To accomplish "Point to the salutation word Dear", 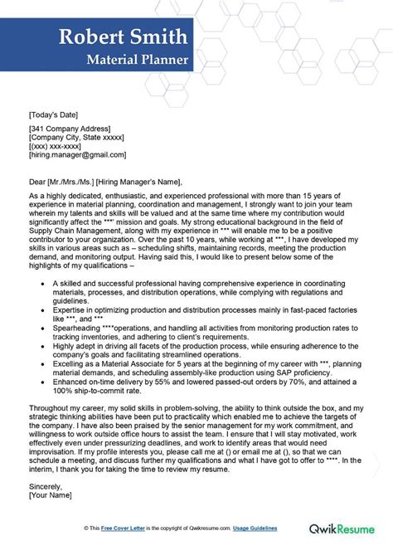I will point(38,182).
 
